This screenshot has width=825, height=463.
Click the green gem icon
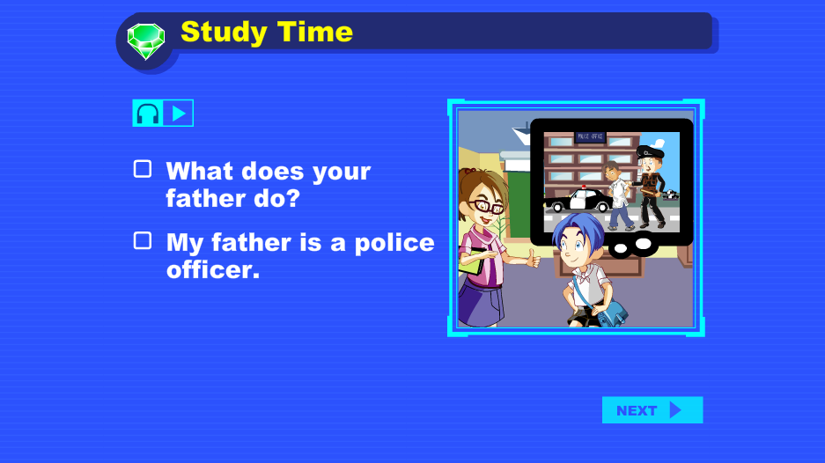coord(146,40)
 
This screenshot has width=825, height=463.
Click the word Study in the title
coord(224,33)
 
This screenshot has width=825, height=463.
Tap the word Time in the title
coord(314,32)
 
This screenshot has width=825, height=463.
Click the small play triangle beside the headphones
coord(179,114)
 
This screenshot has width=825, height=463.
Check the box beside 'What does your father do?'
coord(143,169)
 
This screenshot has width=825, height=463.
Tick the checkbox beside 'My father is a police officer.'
coord(143,240)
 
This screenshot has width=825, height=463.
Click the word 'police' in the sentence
coord(394,243)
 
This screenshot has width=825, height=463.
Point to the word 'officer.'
coord(213,270)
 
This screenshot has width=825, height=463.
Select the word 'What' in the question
coord(199,171)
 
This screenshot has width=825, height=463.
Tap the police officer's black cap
coord(650,152)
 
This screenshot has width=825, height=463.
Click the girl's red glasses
coord(488,206)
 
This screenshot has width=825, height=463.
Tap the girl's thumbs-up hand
coord(533,259)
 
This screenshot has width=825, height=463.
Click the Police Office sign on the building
coord(590,136)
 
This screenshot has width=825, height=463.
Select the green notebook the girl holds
coord(470,261)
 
